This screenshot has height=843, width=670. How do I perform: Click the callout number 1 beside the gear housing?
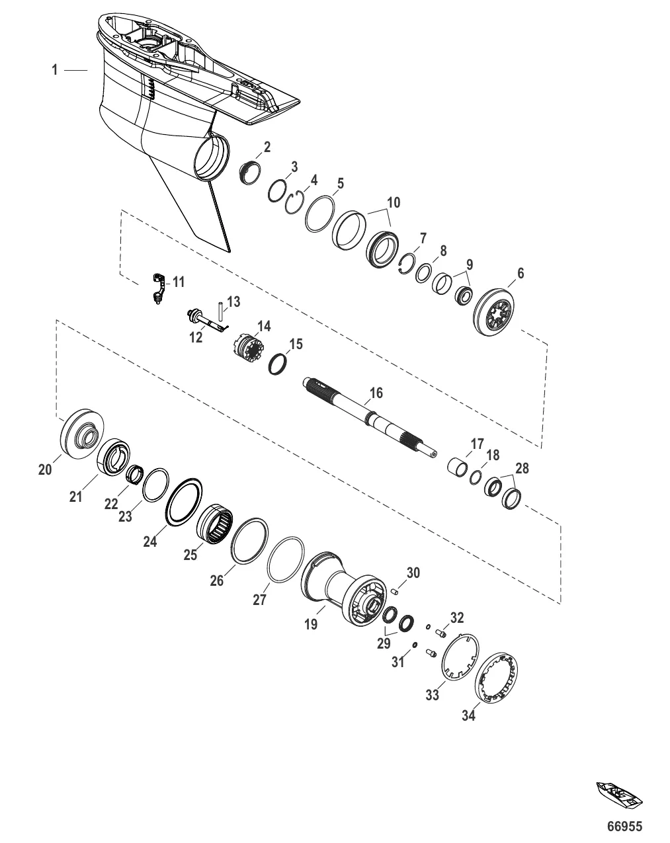click(x=55, y=70)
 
